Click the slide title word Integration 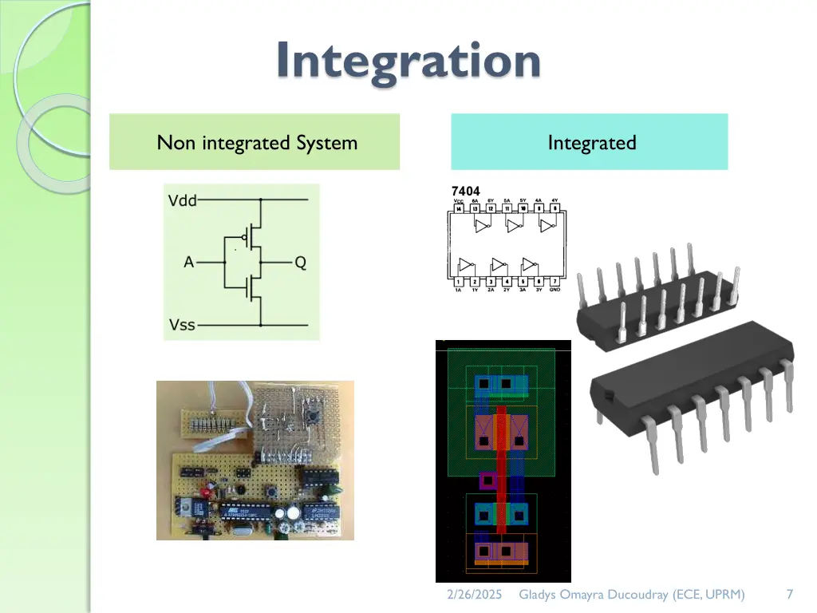click(408, 61)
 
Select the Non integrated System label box click(255, 142)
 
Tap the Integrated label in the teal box click(591, 143)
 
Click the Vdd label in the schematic click(183, 200)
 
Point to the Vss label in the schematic click(182, 326)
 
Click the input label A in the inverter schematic click(188, 262)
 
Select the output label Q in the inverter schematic click(300, 262)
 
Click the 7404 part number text click(466, 191)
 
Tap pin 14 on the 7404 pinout click(458, 209)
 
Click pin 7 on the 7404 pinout click(555, 281)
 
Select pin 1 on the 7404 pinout click(459, 281)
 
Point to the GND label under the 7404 click(555, 289)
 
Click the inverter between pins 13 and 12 click(482, 227)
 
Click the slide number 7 click(789, 595)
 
